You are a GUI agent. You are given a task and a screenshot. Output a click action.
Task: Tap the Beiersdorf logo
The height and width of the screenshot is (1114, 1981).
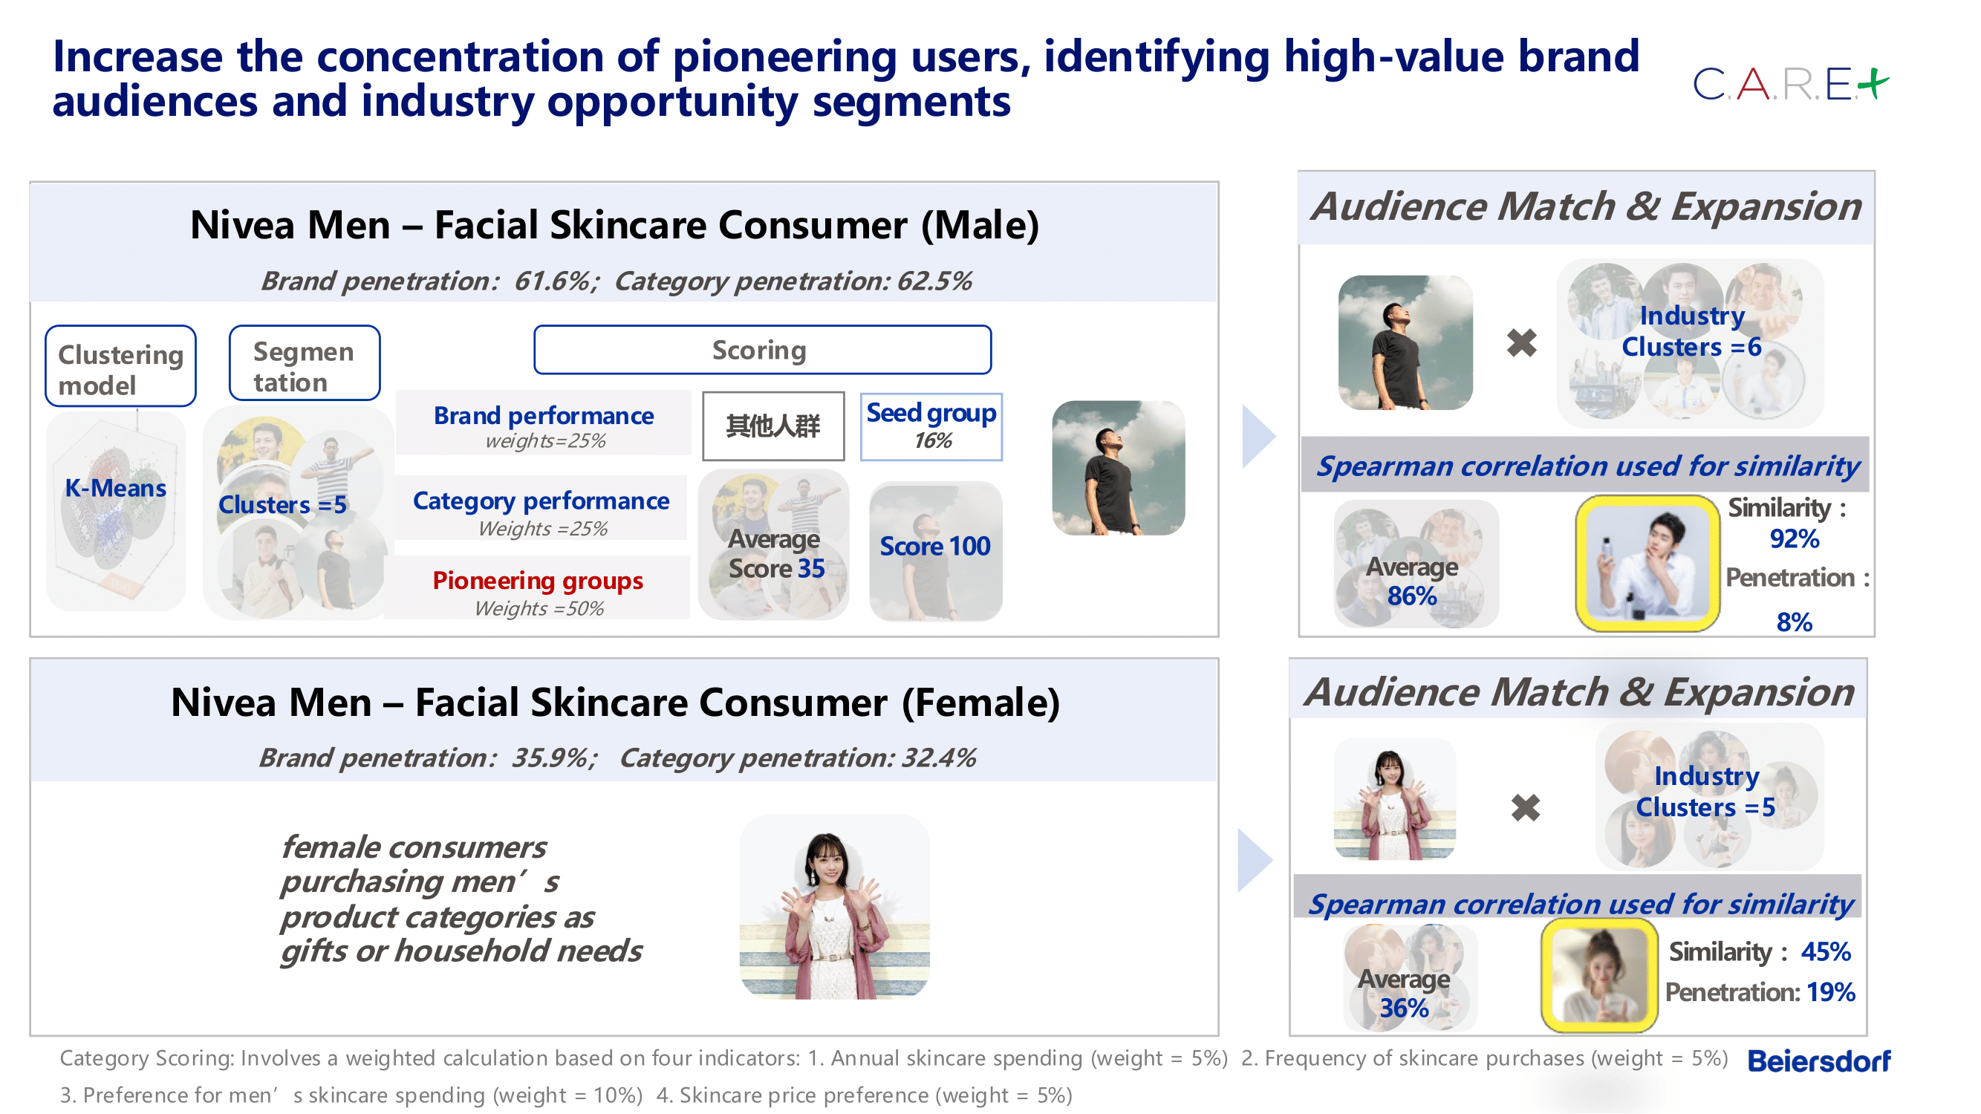(1818, 1061)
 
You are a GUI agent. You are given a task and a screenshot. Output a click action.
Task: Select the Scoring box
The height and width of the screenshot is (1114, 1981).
(762, 350)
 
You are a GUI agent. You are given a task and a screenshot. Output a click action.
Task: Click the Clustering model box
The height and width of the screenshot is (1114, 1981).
(121, 366)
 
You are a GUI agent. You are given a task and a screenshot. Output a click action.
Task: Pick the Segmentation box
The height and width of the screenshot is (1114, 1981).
(305, 363)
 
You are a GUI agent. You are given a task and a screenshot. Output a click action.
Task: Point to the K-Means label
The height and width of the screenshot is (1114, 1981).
(115, 488)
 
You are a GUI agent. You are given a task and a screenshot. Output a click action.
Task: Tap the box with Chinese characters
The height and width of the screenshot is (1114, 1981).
(773, 426)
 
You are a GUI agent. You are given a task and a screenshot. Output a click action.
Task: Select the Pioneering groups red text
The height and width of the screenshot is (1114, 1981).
(538, 581)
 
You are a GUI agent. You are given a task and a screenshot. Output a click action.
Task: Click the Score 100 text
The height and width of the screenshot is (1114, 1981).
(934, 546)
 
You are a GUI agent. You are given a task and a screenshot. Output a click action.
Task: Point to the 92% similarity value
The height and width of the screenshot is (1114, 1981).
(1793, 539)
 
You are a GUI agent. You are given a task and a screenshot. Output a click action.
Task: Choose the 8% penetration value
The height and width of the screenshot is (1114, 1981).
(1793, 621)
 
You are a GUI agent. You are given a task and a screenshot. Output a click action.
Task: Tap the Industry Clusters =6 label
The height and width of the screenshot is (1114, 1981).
(1691, 331)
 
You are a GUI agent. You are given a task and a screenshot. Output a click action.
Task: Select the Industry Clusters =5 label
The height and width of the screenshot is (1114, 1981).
(1705, 792)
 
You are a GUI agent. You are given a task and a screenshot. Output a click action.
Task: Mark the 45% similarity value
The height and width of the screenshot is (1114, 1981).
(1825, 952)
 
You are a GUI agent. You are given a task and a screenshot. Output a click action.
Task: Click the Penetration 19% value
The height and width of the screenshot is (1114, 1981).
(1830, 991)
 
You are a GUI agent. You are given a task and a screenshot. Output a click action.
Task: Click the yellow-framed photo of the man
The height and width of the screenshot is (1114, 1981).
(1647, 563)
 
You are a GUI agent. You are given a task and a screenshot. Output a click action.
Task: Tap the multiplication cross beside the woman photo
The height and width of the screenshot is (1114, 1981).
(1525, 808)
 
